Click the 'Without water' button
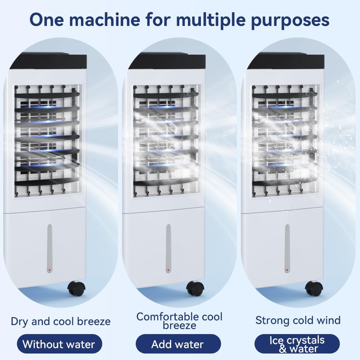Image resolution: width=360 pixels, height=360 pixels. pos(59,344)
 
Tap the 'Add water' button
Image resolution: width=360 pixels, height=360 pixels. pos(178,344)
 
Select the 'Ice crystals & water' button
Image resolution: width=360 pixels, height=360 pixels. pos(297,344)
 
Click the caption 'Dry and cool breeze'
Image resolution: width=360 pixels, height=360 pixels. pos(60,321)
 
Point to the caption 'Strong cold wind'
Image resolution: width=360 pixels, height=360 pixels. pos(298,320)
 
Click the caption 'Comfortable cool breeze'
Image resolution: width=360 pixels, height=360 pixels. pos(179,321)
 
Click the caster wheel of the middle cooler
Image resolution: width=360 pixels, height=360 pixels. pos(195,288)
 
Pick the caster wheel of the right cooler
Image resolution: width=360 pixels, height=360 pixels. pos(314,288)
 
